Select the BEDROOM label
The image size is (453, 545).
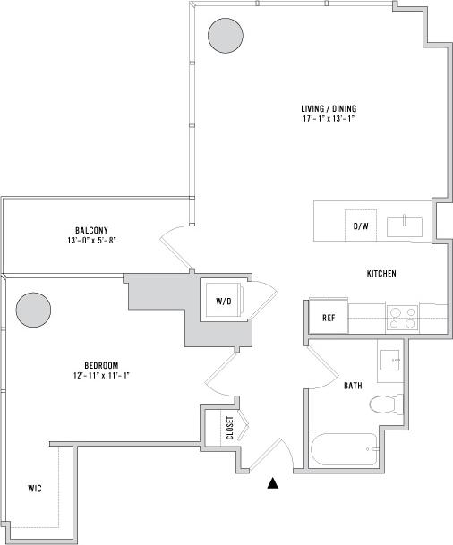tap(102, 365)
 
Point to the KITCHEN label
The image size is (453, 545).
tap(381, 273)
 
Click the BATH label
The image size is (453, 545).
tap(353, 386)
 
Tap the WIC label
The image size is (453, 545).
tap(34, 489)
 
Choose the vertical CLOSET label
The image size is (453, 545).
tap(230, 429)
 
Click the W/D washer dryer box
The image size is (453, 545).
tap(224, 302)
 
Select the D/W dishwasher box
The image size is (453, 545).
tap(361, 226)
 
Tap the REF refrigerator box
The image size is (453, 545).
tap(329, 318)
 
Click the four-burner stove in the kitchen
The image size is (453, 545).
tap(403, 318)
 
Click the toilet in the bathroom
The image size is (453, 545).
tap(385, 404)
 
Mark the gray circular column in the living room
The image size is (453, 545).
tap(225, 36)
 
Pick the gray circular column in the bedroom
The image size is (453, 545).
tap(33, 311)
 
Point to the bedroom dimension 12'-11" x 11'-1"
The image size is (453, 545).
tap(102, 376)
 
